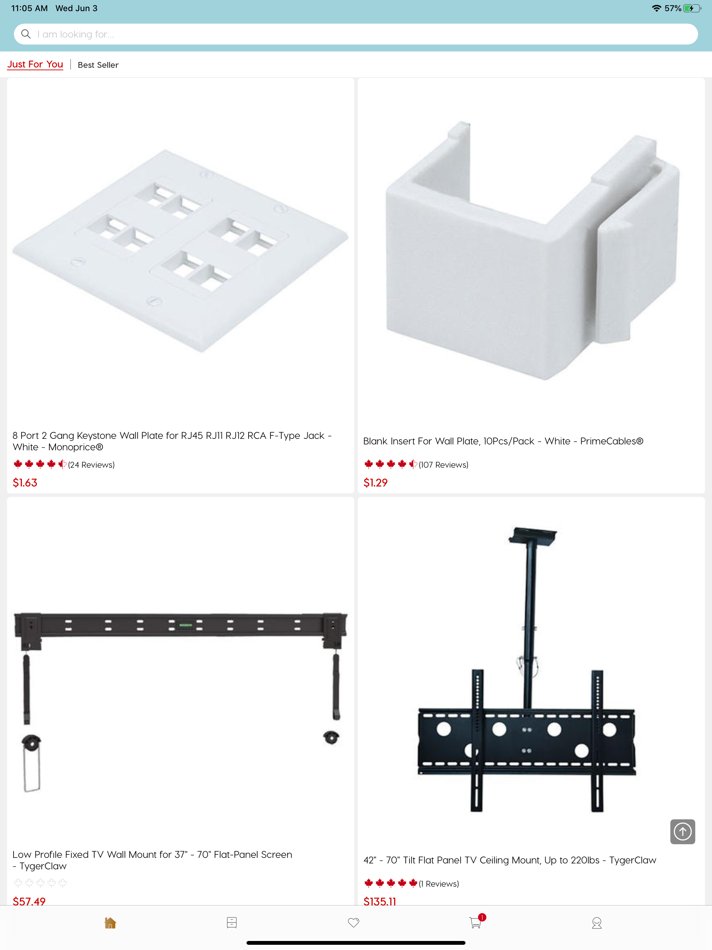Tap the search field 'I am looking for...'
point(356,34)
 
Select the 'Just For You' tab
point(35,64)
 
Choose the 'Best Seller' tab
point(98,65)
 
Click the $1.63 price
point(25,483)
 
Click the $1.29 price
point(375,483)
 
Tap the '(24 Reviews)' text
point(91,465)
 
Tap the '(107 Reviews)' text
point(444,465)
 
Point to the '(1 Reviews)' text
point(439,884)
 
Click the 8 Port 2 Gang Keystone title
point(172,441)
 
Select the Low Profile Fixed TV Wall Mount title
point(153,860)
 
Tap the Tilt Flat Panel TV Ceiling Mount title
point(510,860)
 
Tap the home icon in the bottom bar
point(110,923)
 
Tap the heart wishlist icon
point(354,923)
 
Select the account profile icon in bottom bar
point(597,923)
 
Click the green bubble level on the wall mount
point(186,625)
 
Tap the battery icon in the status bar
point(692,8)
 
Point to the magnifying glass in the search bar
point(26,34)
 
